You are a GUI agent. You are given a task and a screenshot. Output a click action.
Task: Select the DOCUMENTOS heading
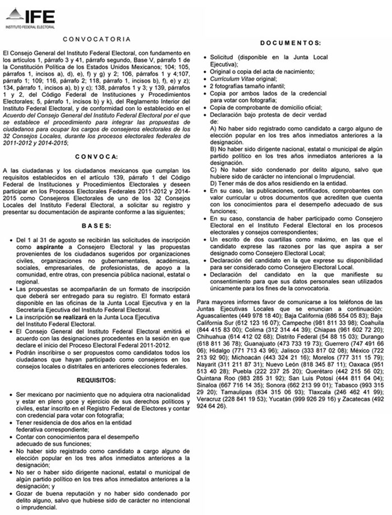pos(290,43)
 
